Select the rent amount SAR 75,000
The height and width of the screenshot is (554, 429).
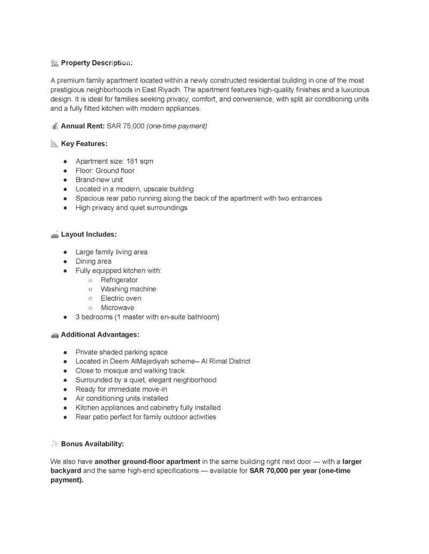(125, 126)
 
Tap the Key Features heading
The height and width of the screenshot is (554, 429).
(84, 144)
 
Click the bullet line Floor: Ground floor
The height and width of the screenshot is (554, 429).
(105, 170)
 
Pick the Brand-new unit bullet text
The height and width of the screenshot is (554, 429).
(99, 179)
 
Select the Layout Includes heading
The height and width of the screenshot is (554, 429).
(89, 234)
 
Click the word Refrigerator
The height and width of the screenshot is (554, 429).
(119, 280)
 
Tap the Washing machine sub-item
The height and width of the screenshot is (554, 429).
(128, 289)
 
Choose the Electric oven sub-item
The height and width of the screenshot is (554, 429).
(121, 298)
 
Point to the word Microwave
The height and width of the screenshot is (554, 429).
(117, 307)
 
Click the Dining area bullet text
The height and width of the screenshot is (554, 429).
(93, 261)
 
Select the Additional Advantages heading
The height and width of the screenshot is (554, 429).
(100, 335)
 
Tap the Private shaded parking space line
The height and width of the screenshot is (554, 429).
(122, 352)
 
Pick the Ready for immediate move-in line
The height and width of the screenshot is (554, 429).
(121, 389)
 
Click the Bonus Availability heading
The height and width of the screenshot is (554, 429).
(92, 444)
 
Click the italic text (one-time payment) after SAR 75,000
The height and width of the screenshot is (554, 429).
(177, 126)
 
